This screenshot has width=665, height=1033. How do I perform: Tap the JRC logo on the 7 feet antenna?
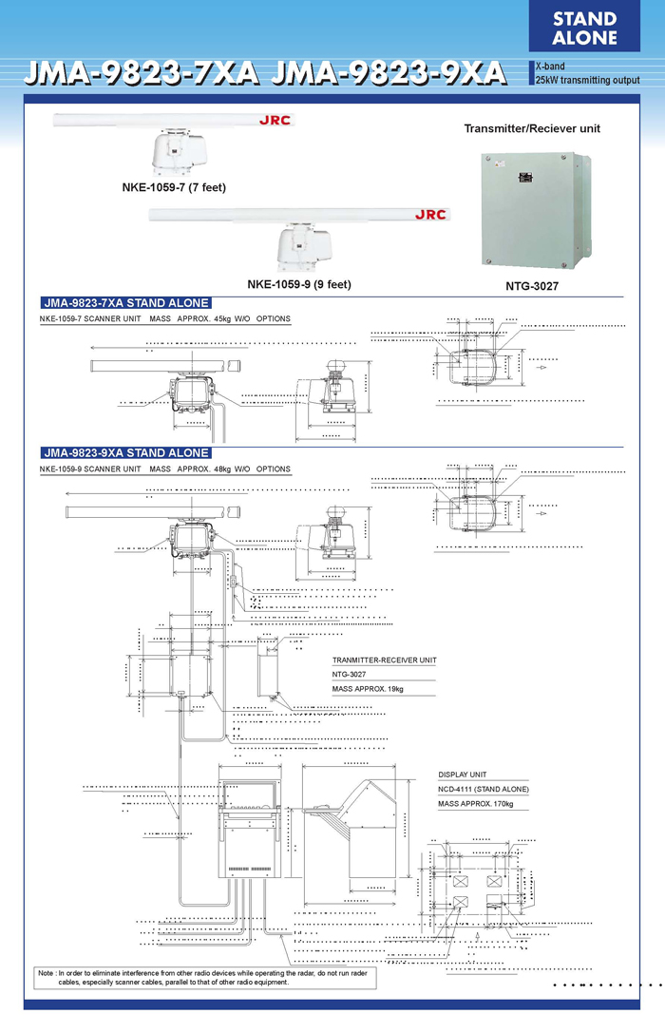point(275,121)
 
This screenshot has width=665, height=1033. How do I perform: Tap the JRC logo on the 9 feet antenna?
point(429,215)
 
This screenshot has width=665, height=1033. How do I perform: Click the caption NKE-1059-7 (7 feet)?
point(174,187)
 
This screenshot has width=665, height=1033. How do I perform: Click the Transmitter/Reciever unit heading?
point(531,127)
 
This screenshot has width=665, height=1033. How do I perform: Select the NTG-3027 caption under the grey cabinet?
point(531,283)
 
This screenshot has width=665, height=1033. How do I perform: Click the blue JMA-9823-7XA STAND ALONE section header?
point(125,303)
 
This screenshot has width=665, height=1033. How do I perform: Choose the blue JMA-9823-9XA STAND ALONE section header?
point(125,453)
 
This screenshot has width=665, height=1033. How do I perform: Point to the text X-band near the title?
point(550,67)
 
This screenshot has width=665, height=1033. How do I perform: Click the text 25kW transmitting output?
point(587,79)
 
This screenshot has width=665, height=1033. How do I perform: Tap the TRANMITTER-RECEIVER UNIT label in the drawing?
point(384,660)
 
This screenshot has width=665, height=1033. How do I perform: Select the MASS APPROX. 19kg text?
point(368,688)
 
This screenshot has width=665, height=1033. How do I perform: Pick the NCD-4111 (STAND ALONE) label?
point(484,790)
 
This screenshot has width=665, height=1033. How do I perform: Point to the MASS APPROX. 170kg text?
point(476,804)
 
